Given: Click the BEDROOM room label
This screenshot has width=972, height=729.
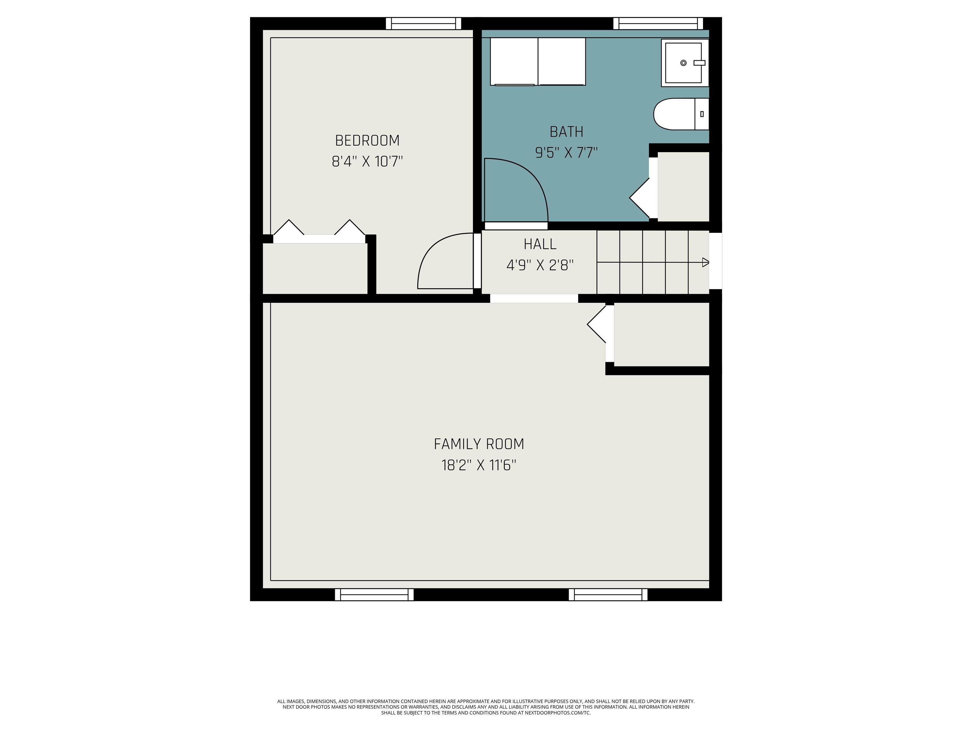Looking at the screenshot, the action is tap(367, 140).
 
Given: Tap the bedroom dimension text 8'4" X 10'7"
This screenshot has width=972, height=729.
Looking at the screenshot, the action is tap(367, 162).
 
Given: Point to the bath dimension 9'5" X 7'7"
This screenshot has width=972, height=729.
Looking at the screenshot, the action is tap(566, 153).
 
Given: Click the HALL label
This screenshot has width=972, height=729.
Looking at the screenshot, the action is tap(540, 244).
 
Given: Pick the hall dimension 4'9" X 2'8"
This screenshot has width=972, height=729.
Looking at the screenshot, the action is tap(540, 265).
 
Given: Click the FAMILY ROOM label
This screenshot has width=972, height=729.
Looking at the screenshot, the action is tap(479, 444).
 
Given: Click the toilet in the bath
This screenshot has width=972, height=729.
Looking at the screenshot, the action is tap(681, 114).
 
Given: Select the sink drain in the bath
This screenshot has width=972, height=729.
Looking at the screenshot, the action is tap(683, 63).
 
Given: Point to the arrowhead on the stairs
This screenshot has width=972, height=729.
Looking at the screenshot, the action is tap(706, 262).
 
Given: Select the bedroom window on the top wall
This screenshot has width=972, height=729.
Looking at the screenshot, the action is tap(424, 23).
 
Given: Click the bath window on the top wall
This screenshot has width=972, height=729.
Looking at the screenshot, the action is tap(658, 23).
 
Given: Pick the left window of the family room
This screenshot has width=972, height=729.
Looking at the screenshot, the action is tap(374, 595).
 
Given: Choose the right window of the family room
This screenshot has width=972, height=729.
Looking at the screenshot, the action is tap(608, 595).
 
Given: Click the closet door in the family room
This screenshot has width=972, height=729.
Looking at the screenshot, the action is tap(597, 324).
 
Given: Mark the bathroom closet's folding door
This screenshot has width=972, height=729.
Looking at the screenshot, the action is tap(639, 198).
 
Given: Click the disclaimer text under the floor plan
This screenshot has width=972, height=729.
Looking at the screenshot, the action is tap(486, 707).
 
